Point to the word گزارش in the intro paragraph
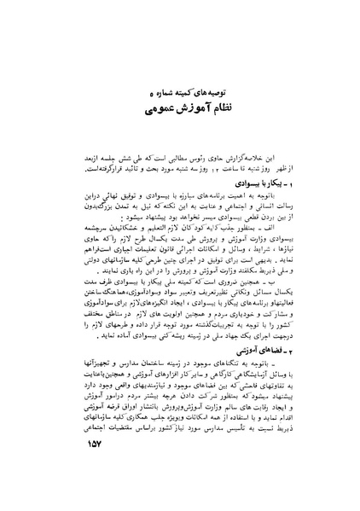pos(244,158)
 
